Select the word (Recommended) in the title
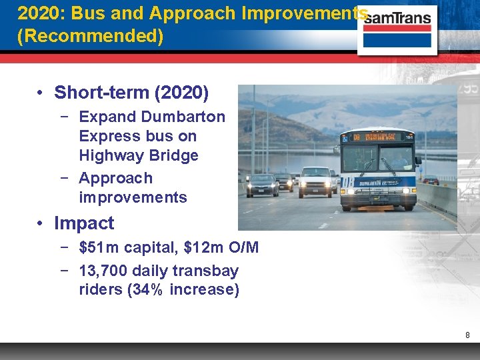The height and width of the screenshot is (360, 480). [90, 35]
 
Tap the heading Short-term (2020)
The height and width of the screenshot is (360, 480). [131, 92]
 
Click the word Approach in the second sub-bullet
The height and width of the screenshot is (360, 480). [115, 178]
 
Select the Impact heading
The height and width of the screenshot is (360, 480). [84, 223]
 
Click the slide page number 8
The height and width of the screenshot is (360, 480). [468, 335]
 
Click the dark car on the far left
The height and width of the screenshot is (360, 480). [262, 185]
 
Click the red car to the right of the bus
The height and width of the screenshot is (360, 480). [431, 179]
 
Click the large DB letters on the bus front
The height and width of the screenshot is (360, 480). [347, 182]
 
